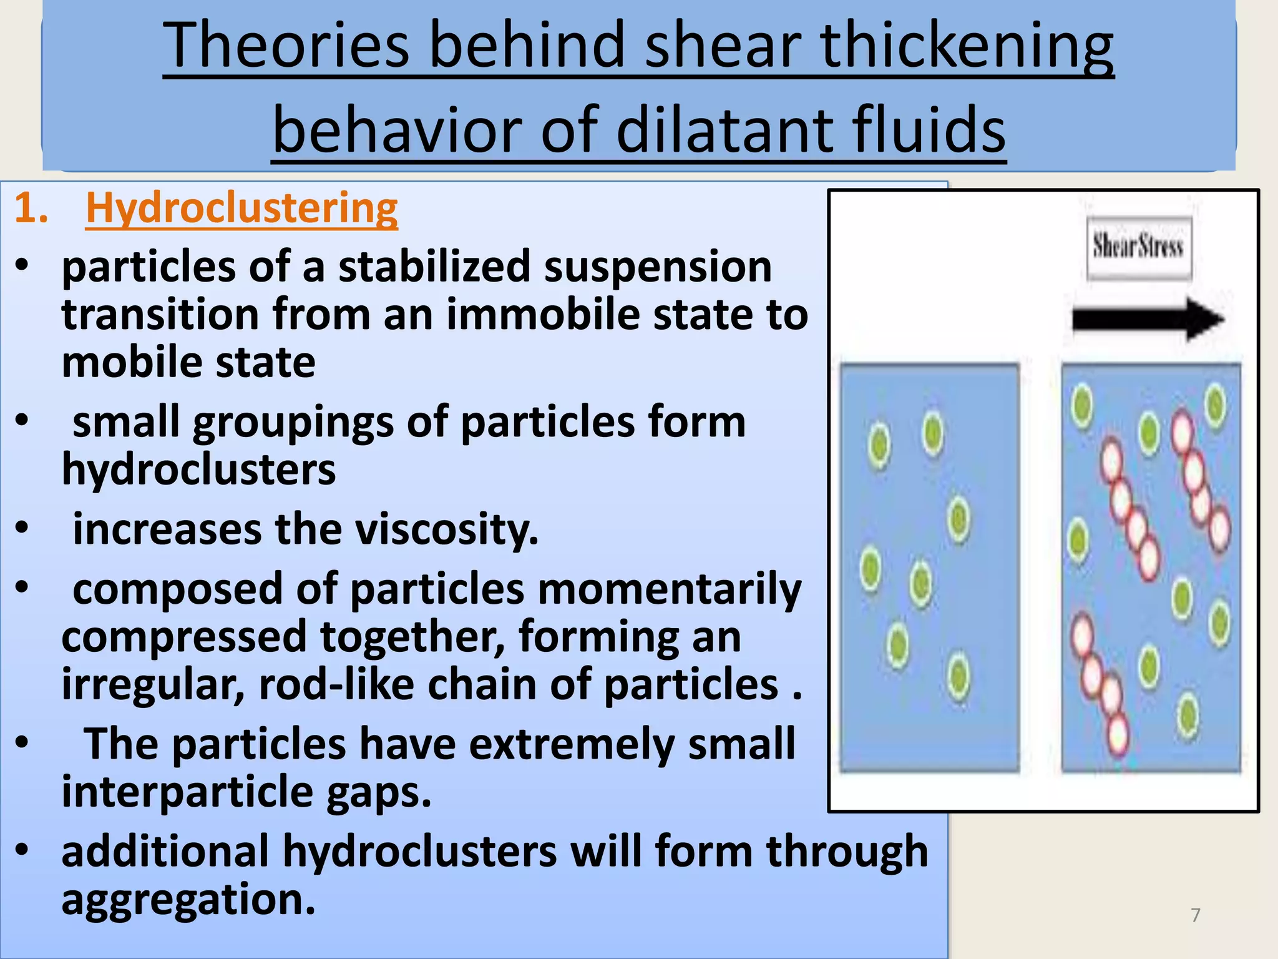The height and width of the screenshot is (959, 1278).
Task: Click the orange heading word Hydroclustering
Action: (x=241, y=209)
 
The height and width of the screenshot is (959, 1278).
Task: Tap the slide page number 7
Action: (x=1196, y=915)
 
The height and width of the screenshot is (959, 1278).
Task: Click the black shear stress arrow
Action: (x=1147, y=319)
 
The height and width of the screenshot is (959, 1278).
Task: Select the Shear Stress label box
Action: (x=1139, y=247)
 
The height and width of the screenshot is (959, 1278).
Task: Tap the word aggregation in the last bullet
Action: (x=188, y=900)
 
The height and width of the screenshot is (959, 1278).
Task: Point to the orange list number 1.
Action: (x=31, y=209)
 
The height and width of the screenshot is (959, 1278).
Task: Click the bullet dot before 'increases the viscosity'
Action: (x=22, y=528)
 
